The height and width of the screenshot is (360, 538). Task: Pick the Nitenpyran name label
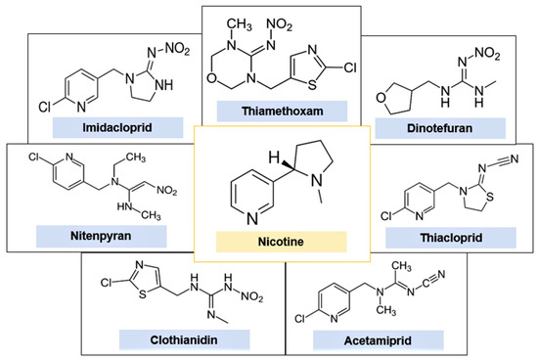pos(75,235)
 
